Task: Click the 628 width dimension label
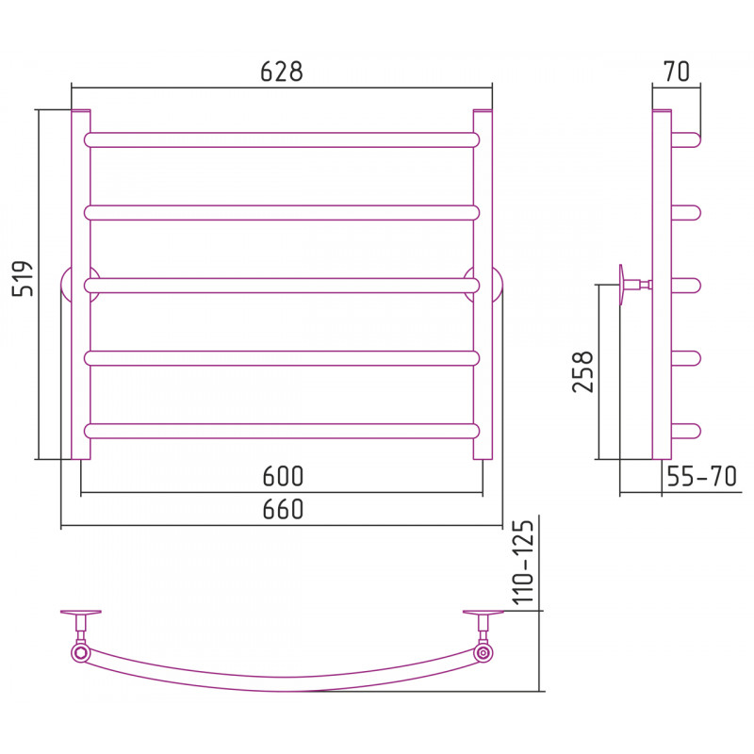281,72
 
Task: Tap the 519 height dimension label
23,278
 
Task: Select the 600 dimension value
283,476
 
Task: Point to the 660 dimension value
283,509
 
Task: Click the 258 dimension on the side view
583,371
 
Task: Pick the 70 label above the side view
677,72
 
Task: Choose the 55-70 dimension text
701,476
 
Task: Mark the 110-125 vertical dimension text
523,562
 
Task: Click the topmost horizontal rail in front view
282,139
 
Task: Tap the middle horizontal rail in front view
282,286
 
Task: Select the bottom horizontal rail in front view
282,431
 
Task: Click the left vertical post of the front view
80,285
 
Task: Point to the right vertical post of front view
483,285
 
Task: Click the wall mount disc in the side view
622,285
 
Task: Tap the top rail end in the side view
686,139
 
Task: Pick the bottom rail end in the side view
686,431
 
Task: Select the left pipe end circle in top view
80,653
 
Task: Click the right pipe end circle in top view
483,653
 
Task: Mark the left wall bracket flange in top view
81,612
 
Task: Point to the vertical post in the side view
662,285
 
